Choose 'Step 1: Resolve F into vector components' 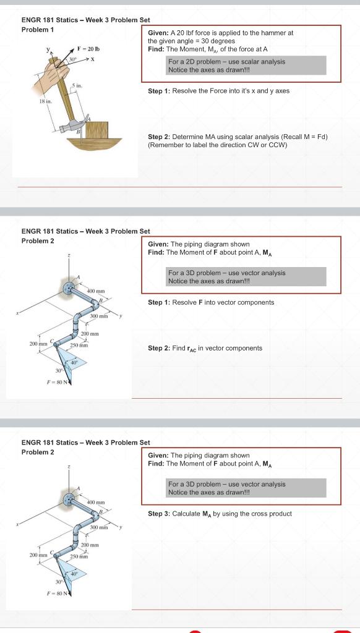(x=211, y=302)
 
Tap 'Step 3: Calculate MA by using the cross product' (x=220, y=514)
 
